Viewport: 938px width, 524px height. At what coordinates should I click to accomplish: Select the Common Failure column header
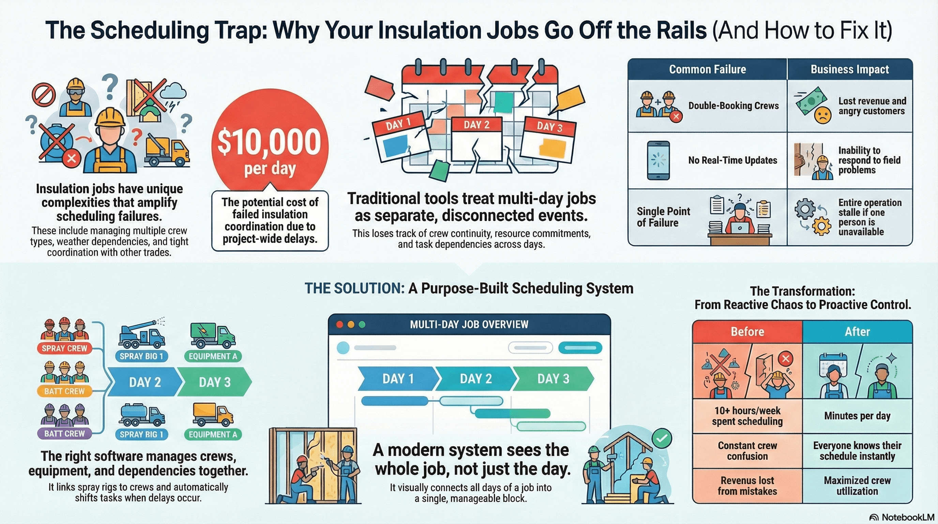click(x=707, y=69)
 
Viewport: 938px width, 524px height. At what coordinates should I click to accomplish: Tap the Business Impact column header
click(x=849, y=69)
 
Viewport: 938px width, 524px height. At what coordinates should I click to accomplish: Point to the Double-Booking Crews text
click(x=733, y=106)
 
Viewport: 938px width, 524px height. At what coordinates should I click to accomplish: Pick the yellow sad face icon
click(x=822, y=116)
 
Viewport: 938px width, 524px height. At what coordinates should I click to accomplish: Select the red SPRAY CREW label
click(x=64, y=348)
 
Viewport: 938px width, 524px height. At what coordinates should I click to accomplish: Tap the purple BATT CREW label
click(x=64, y=434)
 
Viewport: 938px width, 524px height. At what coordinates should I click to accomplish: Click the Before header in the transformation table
click(x=747, y=332)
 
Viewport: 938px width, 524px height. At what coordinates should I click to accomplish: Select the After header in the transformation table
click(x=857, y=332)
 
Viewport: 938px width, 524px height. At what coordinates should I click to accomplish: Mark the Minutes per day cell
click(x=857, y=416)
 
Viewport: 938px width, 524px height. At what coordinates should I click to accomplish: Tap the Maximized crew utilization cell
click(x=857, y=486)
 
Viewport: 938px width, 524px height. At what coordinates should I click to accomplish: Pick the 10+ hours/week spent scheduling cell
click(x=747, y=416)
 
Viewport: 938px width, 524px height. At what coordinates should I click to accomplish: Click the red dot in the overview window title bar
click(x=339, y=324)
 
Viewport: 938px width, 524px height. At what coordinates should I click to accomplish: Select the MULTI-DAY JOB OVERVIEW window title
click(x=469, y=324)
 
